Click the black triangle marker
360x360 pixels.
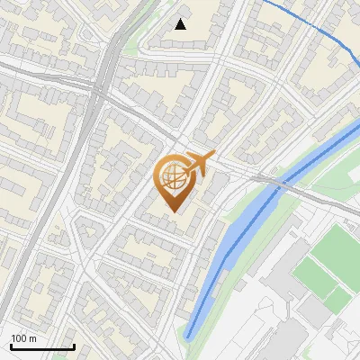[x=181, y=24]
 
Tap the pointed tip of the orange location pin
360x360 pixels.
[x=173, y=212]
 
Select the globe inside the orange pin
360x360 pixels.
[x=173, y=178]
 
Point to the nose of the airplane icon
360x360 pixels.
[x=214, y=155]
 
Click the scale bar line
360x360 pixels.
[x=42, y=347]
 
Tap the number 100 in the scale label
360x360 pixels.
[x=19, y=338]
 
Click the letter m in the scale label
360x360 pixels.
[x=32, y=338]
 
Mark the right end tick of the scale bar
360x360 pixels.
[x=74, y=346]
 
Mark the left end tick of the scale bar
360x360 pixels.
[x=11, y=346]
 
